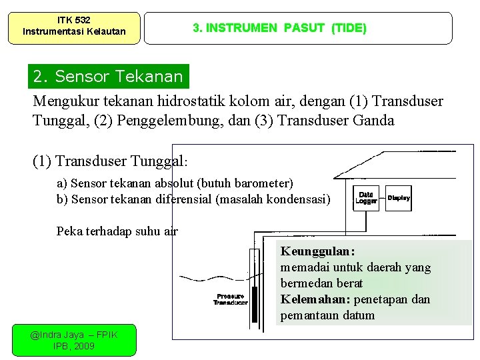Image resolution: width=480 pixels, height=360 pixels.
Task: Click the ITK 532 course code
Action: [x=74, y=20]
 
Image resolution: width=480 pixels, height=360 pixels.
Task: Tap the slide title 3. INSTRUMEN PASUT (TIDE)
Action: [x=279, y=28]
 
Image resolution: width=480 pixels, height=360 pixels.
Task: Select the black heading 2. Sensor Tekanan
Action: [x=109, y=77]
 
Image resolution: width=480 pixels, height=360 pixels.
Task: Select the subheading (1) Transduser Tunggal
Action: [x=109, y=161]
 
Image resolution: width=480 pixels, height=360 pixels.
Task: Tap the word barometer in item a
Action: [x=263, y=183]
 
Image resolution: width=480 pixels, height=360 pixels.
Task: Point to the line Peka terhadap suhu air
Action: [x=117, y=231]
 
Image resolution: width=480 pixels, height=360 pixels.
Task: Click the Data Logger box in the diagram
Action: [x=366, y=197]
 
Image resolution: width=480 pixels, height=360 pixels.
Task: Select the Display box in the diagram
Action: [x=399, y=197]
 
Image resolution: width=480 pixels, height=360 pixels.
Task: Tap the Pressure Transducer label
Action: [x=230, y=299]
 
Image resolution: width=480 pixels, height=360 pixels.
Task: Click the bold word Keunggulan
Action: [x=317, y=251]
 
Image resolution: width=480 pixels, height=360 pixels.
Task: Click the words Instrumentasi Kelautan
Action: [x=74, y=31]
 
